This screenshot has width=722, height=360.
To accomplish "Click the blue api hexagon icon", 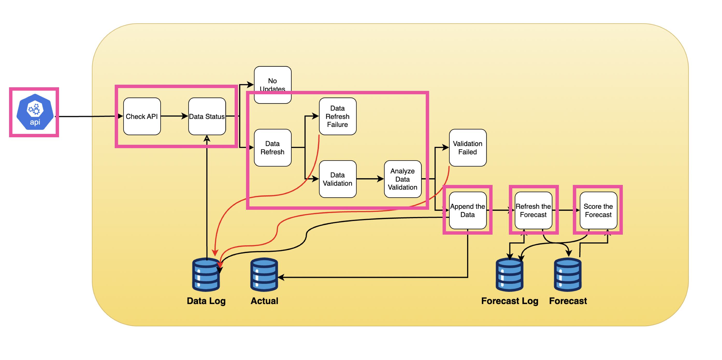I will pos(35,112).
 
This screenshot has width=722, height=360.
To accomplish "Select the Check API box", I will pos(142,116).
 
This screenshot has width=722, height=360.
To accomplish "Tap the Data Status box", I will pos(207,116).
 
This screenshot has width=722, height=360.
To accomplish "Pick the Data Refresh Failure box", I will pos(337,116).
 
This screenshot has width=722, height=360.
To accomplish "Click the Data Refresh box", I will pos(272,148).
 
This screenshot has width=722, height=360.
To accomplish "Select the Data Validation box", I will pos(337,179).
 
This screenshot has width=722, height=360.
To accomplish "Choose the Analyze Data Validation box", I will pos(402,179).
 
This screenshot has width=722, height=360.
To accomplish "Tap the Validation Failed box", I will pos(467,148).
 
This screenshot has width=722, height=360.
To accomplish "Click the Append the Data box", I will pos(467,211).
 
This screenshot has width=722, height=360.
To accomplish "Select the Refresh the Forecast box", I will pos(533,211).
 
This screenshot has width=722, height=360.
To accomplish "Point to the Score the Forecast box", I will pos(598,211).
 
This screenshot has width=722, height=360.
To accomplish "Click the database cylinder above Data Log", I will pos(206,275).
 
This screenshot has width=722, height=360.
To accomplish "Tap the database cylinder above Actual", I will pos(264,275).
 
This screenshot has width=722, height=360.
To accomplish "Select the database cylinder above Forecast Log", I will pos(509,275).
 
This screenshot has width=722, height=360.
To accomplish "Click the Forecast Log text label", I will pos(510,301).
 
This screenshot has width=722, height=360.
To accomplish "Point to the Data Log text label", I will pos(206,301).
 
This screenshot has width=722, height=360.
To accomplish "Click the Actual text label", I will pos(264,301).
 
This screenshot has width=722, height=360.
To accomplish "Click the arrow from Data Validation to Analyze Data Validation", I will pos(370,179).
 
